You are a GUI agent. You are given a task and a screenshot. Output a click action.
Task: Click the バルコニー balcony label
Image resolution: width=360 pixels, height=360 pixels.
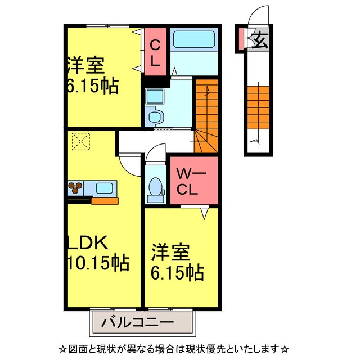(138, 323)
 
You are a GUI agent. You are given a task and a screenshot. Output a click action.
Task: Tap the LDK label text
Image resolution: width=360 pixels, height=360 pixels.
(87, 244)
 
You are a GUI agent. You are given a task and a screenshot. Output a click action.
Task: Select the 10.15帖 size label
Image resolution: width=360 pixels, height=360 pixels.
(98, 262)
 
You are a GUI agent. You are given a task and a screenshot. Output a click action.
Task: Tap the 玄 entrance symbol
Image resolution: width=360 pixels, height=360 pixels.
(259, 40)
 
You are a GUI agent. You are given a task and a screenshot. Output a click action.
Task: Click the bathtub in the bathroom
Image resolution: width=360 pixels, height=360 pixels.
(193, 40)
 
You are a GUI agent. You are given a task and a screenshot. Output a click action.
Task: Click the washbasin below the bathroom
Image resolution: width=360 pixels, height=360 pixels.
(153, 98)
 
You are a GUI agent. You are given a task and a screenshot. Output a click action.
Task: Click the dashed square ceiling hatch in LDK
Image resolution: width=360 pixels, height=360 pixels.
(80, 141)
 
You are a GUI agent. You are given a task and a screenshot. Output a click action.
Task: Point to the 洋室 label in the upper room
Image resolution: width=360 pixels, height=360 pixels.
(85, 66)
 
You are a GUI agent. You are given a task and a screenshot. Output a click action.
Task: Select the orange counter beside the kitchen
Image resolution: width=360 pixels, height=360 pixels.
(105, 200)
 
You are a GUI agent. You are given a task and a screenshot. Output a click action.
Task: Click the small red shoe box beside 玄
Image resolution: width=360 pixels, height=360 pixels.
(241, 38)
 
